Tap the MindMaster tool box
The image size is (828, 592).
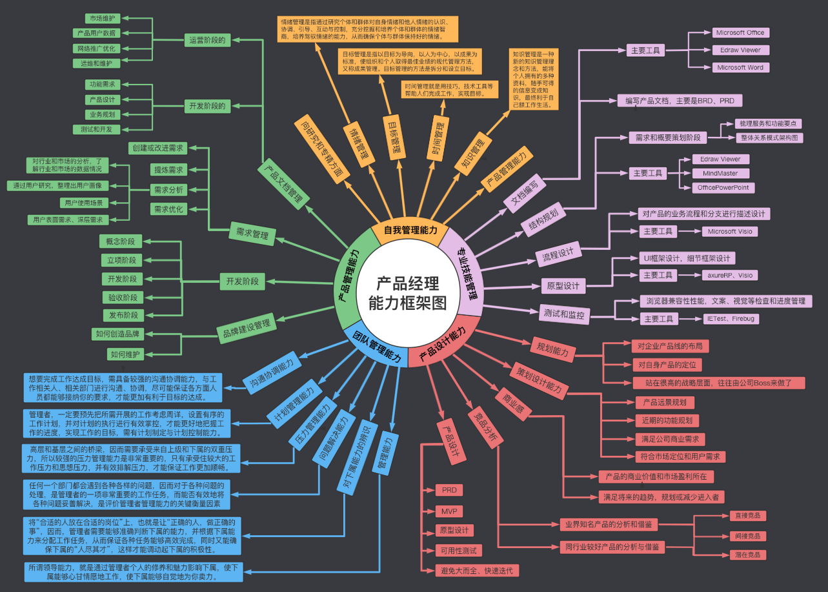click(720, 173)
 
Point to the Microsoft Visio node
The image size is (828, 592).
click(729, 231)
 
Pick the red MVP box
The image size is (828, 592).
click(449, 511)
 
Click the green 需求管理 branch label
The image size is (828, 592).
click(252, 234)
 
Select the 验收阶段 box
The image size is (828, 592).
click(121, 297)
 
